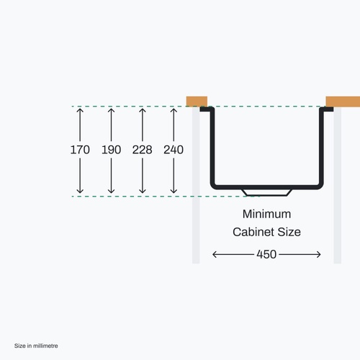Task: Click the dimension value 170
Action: tap(80, 150)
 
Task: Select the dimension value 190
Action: tap(111, 150)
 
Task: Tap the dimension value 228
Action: tap(143, 150)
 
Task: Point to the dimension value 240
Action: tap(174, 150)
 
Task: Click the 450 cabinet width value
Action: tap(266, 254)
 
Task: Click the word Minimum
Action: tap(266, 214)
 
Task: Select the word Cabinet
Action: tap(253, 232)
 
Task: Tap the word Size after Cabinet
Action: tap(289, 232)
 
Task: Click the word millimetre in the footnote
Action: tap(45, 346)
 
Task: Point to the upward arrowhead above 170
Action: tap(80, 110)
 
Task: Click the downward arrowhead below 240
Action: tap(174, 191)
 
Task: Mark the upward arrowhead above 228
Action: tap(143, 110)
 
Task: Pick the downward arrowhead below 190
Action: tap(111, 191)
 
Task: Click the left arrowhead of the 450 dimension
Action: tap(215, 254)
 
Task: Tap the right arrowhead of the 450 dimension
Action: tap(318, 254)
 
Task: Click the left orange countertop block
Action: tap(197, 102)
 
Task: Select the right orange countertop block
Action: tap(343, 102)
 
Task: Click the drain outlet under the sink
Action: tap(266, 192)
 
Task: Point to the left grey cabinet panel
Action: tap(196, 185)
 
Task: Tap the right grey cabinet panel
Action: tap(338, 185)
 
